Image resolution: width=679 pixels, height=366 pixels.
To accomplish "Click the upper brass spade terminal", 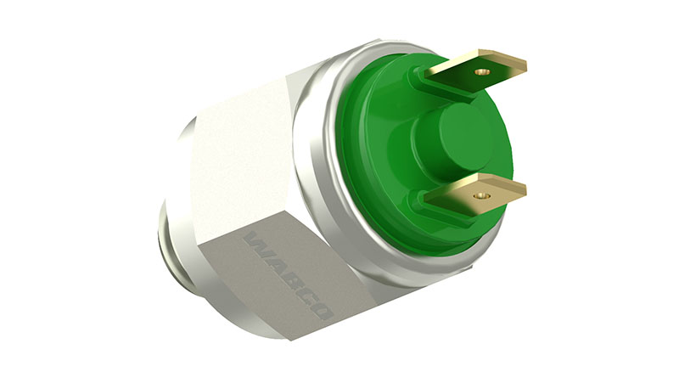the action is pos(475,70).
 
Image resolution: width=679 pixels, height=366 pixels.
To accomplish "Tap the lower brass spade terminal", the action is pos(475,195).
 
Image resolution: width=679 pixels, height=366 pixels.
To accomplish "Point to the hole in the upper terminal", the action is pos(482,72).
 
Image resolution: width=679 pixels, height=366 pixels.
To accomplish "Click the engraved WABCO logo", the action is pos(289,276).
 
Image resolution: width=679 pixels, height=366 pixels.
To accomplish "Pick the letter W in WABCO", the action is pos(256,242).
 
